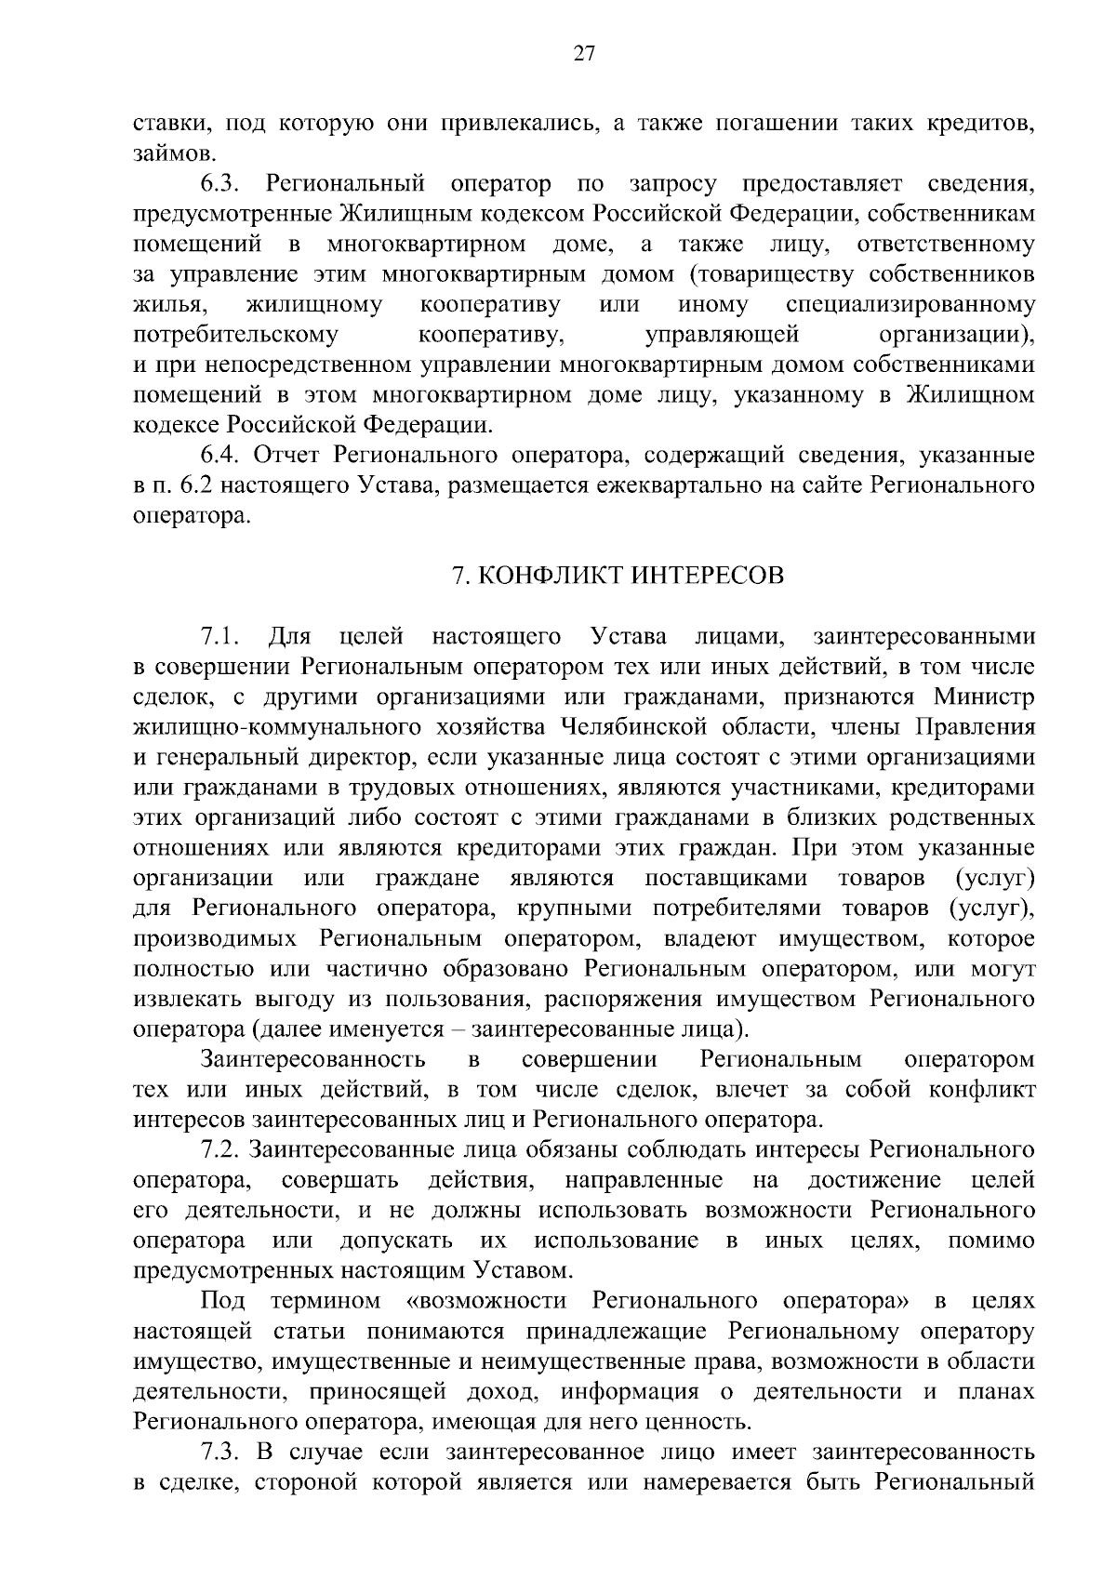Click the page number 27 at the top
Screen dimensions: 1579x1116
coord(583,54)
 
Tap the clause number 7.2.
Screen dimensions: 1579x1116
coord(221,1150)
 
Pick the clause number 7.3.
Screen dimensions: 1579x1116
coord(221,1452)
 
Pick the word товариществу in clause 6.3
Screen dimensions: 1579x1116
coord(779,274)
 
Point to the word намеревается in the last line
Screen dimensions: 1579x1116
coord(717,1481)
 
